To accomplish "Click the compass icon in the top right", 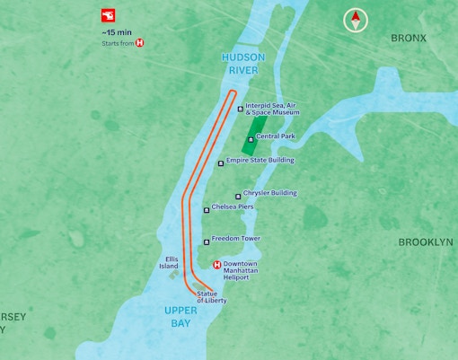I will pos(357,20).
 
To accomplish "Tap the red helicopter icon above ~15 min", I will pos(108,16).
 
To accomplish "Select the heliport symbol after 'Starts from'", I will pos(139,43).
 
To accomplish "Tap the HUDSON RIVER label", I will pos(243,63).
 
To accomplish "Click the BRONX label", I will pos(409,38).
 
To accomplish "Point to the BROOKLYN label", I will pos(426,242).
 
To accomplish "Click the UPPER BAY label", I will pos(181,316).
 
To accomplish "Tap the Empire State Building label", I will pos(260,161).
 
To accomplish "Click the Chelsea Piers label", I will pos(233,207).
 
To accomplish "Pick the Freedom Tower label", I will pos(236,239).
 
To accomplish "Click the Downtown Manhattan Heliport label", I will pos(241,270).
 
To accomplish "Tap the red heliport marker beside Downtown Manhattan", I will pos(216,264).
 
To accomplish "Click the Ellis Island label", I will pos(169,262).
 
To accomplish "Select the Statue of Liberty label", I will pos(212,297).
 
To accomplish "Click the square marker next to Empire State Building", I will pos(221,163).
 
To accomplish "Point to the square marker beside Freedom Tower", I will pos(207,241).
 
